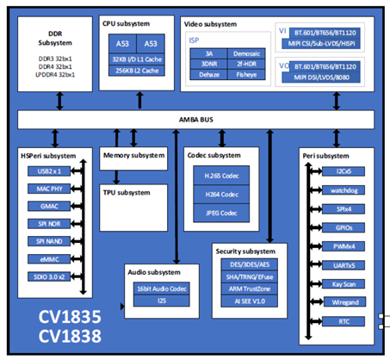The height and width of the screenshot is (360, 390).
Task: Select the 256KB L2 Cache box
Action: pyautogui.click(x=138, y=72)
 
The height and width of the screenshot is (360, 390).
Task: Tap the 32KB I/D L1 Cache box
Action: pyautogui.click(x=138, y=58)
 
